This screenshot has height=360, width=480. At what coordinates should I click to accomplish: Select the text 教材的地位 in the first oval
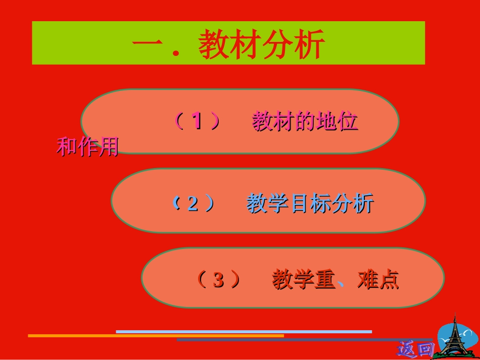pos(305,122)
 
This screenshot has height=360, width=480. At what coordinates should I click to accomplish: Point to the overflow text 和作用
pos(87,146)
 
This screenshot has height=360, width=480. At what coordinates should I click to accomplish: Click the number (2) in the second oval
pos(193,203)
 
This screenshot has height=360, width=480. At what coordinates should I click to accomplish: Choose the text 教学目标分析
pos(310,203)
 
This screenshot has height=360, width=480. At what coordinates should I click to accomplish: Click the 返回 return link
pos(415,348)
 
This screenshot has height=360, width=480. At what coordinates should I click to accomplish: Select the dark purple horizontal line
pos(303,340)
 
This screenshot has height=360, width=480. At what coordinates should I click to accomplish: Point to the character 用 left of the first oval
pos(108,146)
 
